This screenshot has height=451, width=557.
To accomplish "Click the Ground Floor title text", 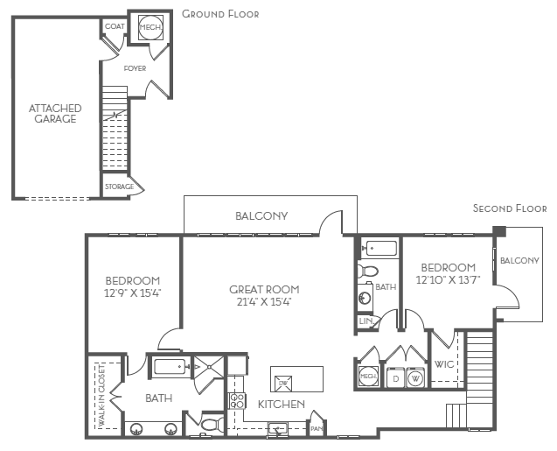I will pos(220,15).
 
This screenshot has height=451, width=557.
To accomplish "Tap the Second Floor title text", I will pos(510,208).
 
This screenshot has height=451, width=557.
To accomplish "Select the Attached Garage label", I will pos(55,114).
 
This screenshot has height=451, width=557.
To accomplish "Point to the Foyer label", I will pos(134,67).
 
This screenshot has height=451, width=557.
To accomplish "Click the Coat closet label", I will pos(115,27).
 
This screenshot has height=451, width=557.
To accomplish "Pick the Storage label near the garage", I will pos(119,187).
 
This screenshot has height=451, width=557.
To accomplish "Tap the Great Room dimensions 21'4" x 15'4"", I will pos(264,302).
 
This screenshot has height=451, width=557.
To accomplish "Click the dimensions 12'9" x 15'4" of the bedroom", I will pos(133,293).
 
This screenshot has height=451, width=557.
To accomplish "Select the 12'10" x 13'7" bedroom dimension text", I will pos(448,280).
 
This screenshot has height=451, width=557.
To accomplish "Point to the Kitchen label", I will pos(281,404).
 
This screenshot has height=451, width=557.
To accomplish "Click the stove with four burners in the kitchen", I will pos(236,401).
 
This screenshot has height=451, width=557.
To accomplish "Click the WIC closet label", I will pos(444,363).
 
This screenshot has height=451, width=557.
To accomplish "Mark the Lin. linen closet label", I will pos(366,322).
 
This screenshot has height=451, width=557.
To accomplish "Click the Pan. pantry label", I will pos(317,429).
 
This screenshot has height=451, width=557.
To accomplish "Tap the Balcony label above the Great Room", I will pos(261,215).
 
